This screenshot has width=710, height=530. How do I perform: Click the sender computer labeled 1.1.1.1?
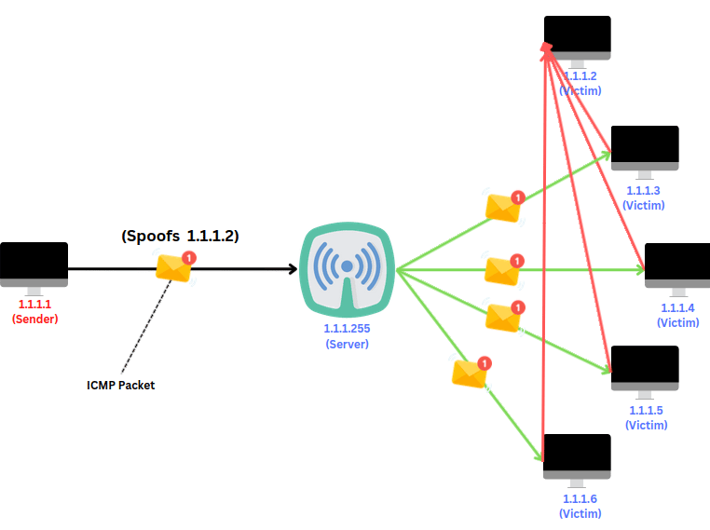(x=34, y=265)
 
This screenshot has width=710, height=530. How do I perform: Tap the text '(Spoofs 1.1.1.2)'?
(x=180, y=237)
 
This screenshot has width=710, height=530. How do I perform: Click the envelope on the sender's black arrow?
(x=173, y=268)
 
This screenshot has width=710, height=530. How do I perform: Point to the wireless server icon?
(x=348, y=269)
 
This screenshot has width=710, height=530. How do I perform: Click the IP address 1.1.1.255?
(x=347, y=330)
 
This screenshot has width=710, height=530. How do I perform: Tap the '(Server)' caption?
(x=347, y=345)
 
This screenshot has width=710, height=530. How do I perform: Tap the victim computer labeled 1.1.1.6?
(x=577, y=456)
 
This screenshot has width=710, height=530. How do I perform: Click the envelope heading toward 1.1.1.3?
(x=503, y=208)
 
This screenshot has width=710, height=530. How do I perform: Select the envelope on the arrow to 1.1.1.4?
(x=502, y=271)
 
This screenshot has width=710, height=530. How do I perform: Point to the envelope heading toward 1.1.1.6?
(x=470, y=373)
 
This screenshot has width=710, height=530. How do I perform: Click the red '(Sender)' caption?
(x=34, y=319)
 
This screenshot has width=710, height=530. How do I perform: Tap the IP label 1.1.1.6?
(x=580, y=499)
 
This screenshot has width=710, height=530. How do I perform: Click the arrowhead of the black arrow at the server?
(x=292, y=269)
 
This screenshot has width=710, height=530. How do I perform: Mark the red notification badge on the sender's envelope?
(x=189, y=257)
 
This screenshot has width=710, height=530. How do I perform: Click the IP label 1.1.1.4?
(x=677, y=308)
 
